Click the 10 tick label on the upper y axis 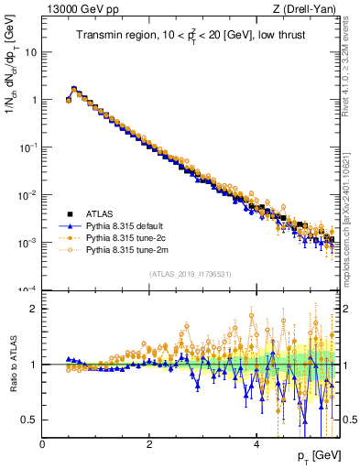point(30,52)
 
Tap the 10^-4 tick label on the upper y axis point(27,289)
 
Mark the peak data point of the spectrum point(74,90)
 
